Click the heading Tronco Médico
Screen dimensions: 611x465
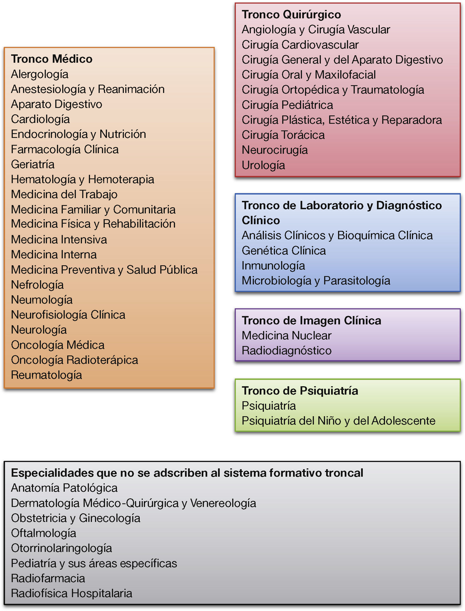52,59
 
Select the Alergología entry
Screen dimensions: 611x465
40,74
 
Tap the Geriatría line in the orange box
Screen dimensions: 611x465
33,164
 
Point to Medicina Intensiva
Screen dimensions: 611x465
59,239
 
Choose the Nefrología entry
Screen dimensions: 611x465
37,285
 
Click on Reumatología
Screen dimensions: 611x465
46,375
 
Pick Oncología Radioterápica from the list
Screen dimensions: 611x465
74,360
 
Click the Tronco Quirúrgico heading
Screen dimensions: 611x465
291,14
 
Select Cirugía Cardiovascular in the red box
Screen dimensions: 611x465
300,45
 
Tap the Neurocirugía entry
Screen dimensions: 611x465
275,150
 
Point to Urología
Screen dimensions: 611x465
263,165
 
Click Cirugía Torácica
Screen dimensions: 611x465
283,135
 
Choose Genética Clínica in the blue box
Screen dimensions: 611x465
284,251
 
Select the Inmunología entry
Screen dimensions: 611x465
273,266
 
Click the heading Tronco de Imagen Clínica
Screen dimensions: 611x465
311,320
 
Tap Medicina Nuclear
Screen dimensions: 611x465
287,335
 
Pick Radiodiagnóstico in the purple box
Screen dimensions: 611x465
287,350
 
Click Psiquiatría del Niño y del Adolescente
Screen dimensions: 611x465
338,421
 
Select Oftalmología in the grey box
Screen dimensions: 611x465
44,533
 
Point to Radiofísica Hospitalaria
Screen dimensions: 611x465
72,593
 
